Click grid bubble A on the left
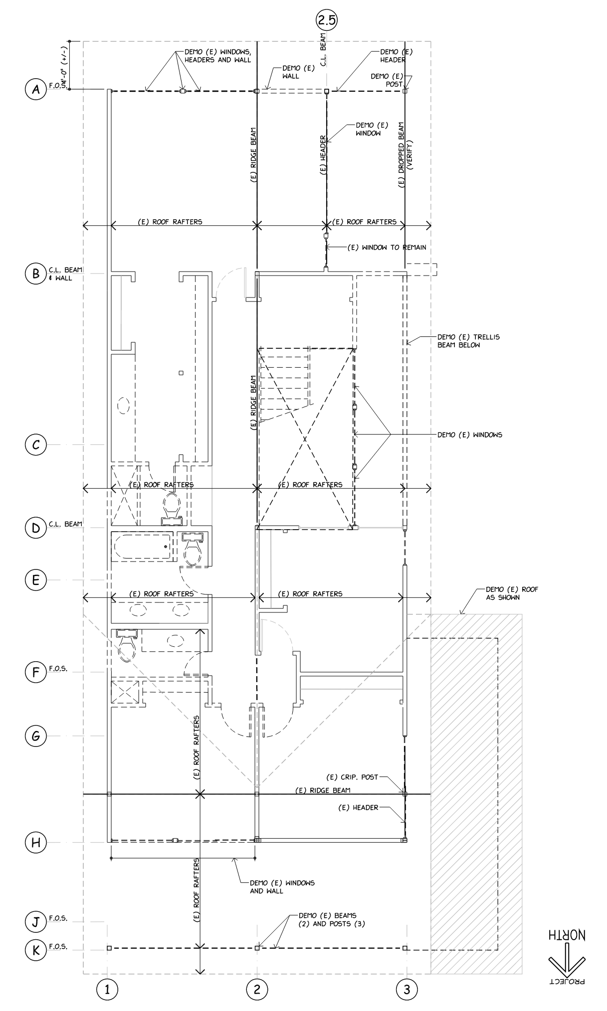(35, 90)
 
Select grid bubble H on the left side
(35, 842)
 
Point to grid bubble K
(35, 948)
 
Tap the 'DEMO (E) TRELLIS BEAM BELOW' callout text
(468, 341)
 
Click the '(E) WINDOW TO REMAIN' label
(387, 247)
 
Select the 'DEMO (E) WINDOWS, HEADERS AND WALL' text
(217, 56)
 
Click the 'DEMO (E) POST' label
(387, 80)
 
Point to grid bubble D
(35, 528)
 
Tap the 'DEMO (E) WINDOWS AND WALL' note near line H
(282, 886)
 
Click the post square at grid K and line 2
(257, 948)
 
